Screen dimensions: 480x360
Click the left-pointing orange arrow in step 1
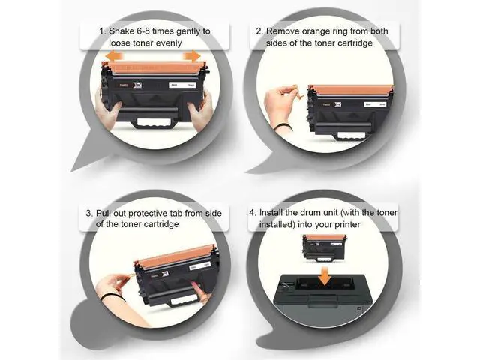tap(114, 56)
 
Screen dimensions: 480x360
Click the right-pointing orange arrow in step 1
tap(192, 56)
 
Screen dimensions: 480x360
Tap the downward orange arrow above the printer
tap(325, 276)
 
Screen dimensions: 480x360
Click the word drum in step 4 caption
tap(310, 213)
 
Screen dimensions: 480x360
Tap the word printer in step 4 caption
tap(347, 225)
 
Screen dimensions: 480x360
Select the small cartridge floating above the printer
tap(324, 248)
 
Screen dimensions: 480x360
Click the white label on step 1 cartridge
tap(183, 85)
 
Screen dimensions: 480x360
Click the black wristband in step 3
tap(112, 296)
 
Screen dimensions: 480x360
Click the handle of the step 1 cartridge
tap(154, 123)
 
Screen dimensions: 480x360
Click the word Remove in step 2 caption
tap(283, 31)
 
